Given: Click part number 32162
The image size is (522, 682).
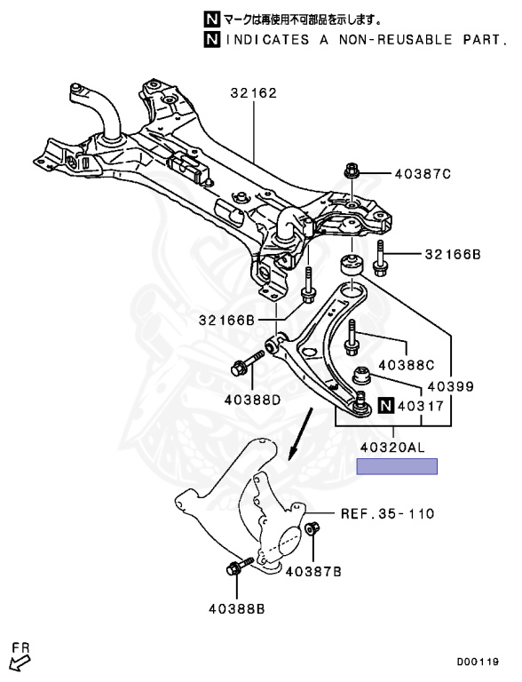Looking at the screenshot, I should coord(254,92).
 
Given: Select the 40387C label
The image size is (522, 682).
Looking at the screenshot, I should coord(423,174).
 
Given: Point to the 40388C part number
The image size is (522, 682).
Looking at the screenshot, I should coord(406,364).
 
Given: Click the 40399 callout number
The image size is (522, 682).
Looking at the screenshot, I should coord(450,387).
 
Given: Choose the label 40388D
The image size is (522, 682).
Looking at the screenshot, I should coord(250,400).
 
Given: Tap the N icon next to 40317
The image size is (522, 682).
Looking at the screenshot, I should coord(384,407).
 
